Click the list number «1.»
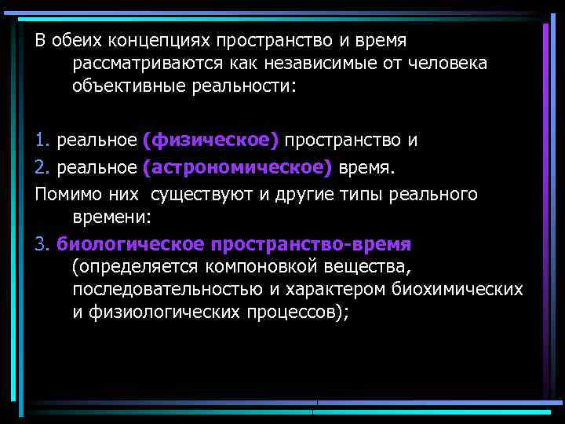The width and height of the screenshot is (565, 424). tap(42, 141)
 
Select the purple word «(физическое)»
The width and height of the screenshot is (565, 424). tap(210, 141)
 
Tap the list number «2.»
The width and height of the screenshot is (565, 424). tap(42, 167)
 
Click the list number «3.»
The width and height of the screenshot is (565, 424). tap(42, 243)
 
